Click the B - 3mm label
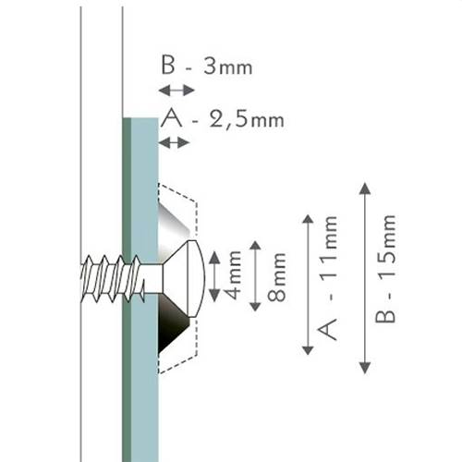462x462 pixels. click(206, 67)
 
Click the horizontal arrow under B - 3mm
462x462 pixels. click(176, 90)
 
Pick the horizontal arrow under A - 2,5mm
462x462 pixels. click(174, 142)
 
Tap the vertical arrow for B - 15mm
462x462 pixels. click(365, 277)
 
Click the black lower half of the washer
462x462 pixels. click(173, 323)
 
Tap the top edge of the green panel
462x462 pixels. click(140, 118)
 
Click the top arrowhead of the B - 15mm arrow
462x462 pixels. click(365, 188)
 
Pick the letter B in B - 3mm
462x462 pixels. click(168, 67)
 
